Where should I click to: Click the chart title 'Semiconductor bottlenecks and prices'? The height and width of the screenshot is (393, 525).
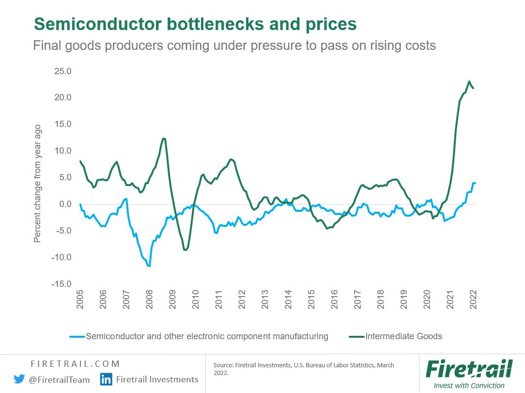[195, 24]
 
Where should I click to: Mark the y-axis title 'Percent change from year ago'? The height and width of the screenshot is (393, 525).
[38, 184]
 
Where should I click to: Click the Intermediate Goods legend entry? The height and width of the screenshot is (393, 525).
[403, 336]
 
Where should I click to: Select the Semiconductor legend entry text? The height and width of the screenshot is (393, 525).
[207, 336]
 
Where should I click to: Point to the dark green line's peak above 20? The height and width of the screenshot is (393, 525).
[469, 81]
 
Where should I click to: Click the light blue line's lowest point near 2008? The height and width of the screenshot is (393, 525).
[149, 266]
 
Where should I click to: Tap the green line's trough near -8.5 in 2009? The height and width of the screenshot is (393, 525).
[185, 250]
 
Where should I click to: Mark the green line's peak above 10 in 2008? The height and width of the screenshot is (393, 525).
[164, 139]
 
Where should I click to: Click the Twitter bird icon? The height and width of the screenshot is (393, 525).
[19, 379]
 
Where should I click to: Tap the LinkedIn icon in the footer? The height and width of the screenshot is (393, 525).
[106, 379]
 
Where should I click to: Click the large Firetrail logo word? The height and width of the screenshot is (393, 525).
[468, 369]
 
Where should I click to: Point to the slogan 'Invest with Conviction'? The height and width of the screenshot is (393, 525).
[469, 386]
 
